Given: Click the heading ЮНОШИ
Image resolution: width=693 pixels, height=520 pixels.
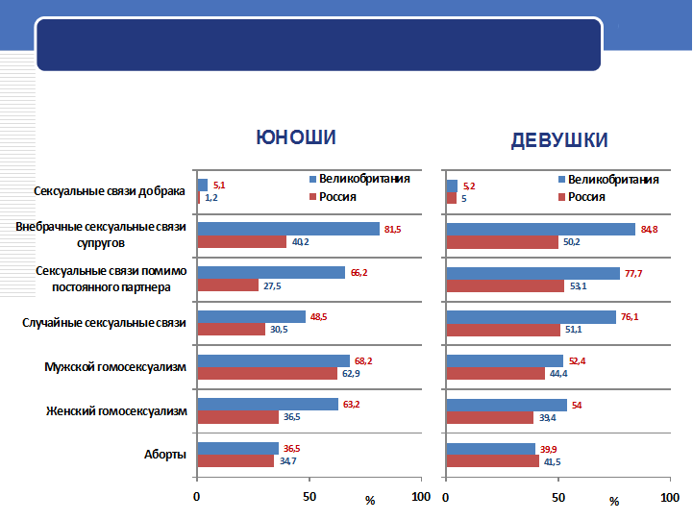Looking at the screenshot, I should coord(296,137).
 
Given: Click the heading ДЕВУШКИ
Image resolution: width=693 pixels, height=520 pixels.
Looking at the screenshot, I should coord(558,140).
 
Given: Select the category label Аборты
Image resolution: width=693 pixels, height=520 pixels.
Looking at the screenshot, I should coord(166,454).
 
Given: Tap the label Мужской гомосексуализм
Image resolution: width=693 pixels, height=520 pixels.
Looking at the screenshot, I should coord(114,367).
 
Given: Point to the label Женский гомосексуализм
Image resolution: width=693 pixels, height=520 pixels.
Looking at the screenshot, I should coord(115,410).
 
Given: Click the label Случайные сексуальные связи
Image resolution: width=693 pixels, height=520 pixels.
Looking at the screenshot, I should coord(104,323).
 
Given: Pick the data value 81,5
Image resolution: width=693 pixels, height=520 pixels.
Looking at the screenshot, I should coord(392,229).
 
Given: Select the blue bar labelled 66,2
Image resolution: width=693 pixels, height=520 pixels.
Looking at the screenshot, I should coord(271,273).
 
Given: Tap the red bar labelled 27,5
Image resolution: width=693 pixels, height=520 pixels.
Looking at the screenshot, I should coord(228,285).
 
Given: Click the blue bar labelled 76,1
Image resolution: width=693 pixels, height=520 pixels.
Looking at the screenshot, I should coord(532,317).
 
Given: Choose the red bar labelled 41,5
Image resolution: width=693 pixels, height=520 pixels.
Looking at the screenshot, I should coord(493,461).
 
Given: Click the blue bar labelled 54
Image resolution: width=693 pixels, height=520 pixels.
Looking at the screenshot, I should coord(507,405).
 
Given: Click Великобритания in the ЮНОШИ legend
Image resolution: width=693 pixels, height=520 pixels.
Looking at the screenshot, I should coord(364,179).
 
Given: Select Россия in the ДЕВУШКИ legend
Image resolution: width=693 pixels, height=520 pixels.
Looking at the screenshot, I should coord(586,196).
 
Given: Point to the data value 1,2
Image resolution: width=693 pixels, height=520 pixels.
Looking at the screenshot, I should coord(211,197).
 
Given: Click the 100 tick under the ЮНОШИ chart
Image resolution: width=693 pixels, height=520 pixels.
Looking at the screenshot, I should coord(420,497).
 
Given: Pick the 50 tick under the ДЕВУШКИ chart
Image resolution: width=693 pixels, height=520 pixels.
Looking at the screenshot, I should coord(557,497).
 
